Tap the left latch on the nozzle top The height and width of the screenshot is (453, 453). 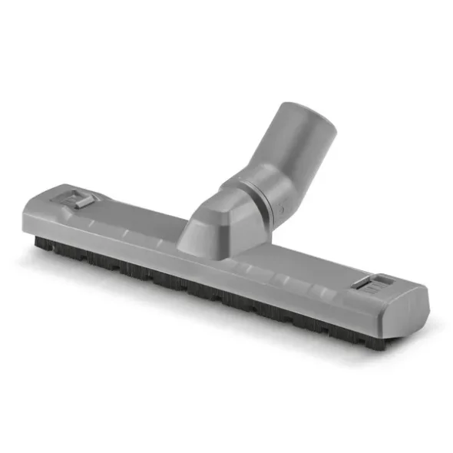pos(78,201)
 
